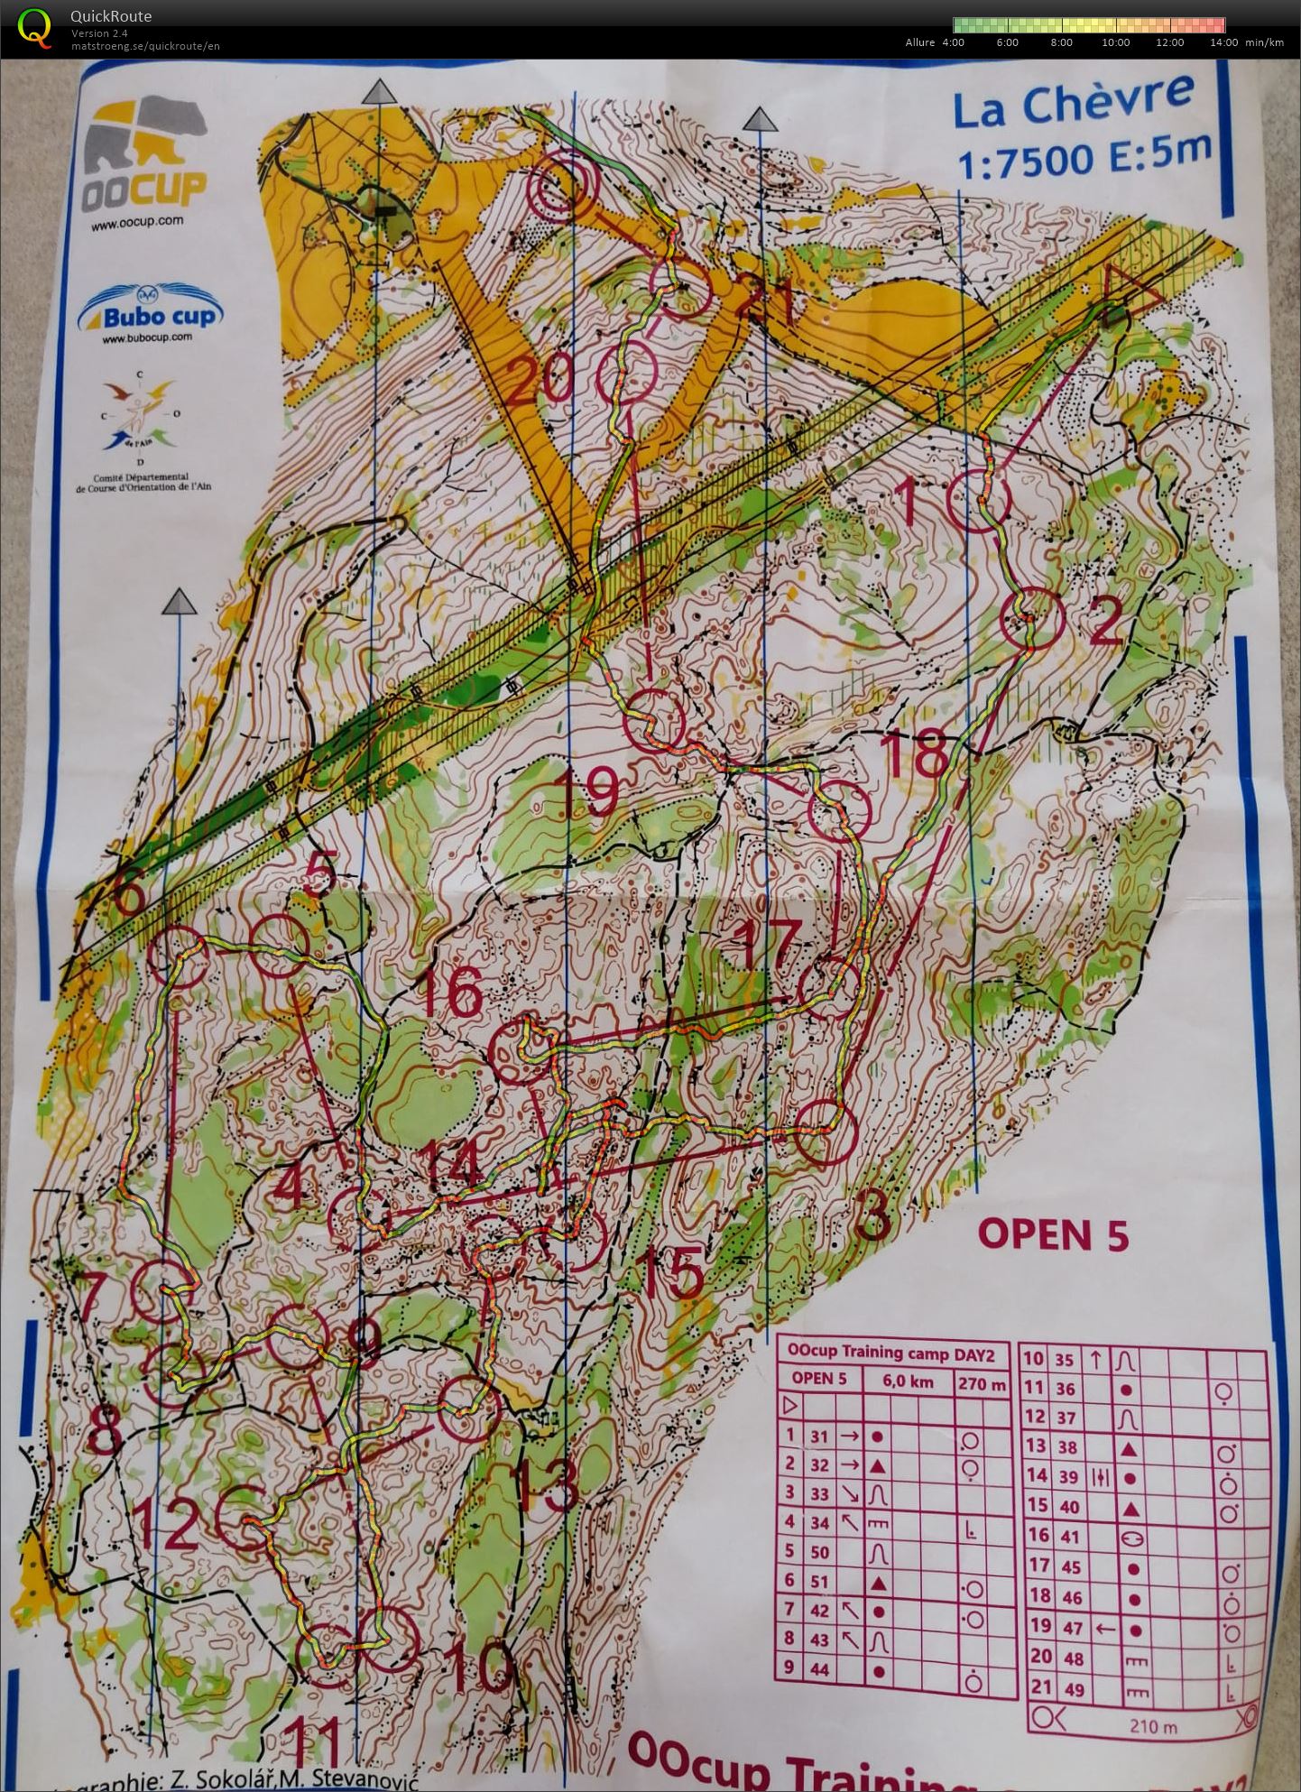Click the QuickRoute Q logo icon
point(34,27)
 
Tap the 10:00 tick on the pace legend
point(1115,42)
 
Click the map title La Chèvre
point(1074,100)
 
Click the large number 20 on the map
point(540,380)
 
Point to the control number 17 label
point(769,943)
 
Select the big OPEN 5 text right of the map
point(1052,1234)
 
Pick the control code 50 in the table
point(818,1552)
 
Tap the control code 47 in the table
point(1070,1625)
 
